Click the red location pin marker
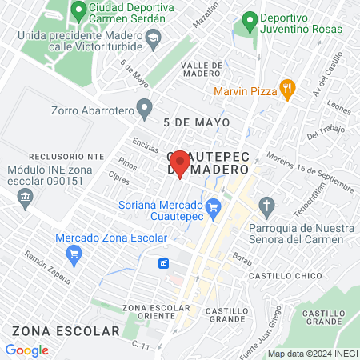tap(180, 163)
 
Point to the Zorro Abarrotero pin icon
tap(145, 106)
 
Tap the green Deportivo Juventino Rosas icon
tap(250, 18)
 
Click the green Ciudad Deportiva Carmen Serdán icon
tap(78, 11)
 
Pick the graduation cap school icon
tap(152, 37)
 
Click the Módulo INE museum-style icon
tap(26, 198)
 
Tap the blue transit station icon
tap(163, 263)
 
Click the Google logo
tap(26, 350)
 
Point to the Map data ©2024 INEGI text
tap(312, 354)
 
